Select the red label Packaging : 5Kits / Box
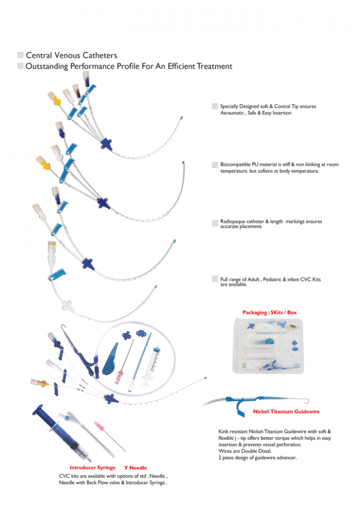tap(269, 312)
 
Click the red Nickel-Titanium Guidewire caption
tap(286, 411)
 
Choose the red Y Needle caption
tap(136, 468)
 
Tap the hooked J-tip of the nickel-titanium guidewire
tap(305, 395)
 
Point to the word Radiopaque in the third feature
tap(234, 221)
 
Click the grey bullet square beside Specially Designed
tap(214, 107)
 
